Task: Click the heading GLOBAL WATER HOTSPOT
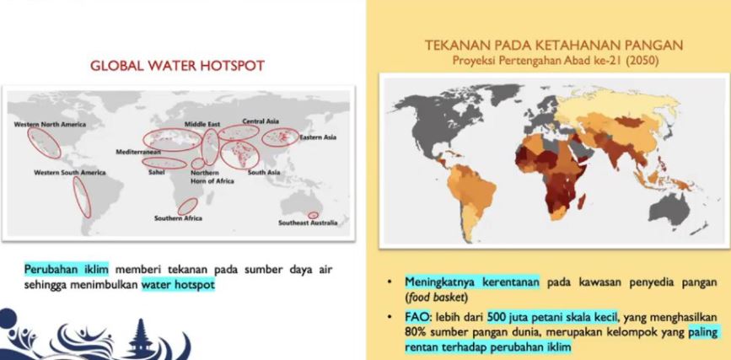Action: (x=177, y=66)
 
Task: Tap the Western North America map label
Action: (x=50, y=125)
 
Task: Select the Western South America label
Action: (x=70, y=173)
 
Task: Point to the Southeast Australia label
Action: (x=308, y=223)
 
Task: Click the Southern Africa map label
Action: (x=179, y=218)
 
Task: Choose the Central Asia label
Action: (x=261, y=121)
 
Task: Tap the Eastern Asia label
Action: (x=318, y=137)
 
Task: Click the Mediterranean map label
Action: (x=138, y=152)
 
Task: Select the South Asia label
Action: (x=264, y=173)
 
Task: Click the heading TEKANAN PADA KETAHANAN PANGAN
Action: (x=554, y=46)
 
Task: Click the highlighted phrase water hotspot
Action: (x=179, y=284)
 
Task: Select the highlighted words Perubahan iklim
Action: (x=67, y=270)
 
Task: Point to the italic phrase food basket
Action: (x=431, y=297)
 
